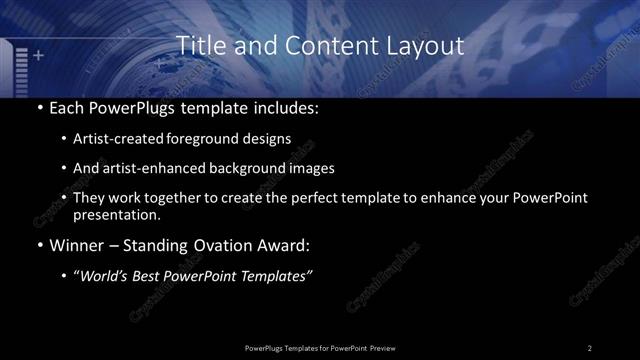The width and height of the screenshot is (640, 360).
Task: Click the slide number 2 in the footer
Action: [590, 347]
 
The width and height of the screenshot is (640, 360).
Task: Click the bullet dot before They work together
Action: [65, 198]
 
